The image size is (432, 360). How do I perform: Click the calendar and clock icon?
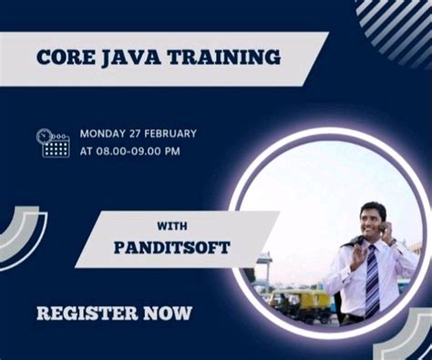[54, 142]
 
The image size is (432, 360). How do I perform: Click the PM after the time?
[171, 150]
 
